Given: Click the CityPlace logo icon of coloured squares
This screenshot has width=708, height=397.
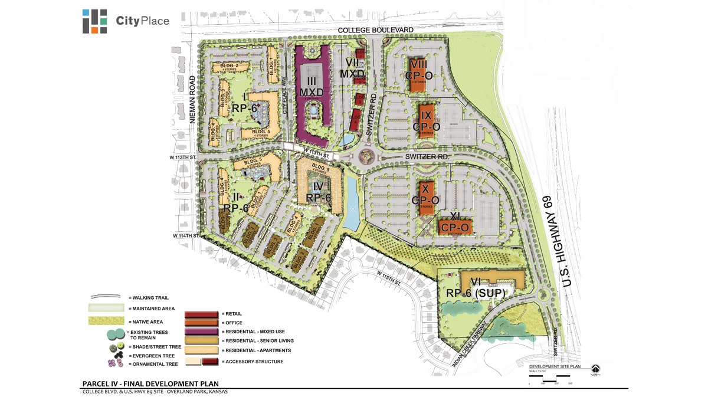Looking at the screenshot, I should click(94, 21).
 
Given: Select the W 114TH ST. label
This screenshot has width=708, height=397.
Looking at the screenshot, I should click(187, 235).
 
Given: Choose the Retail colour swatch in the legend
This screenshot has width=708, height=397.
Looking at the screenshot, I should click(202, 313).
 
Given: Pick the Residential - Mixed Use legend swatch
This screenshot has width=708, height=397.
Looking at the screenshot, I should click(202, 332).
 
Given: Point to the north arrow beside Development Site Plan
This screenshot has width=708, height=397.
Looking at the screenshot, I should click(595, 369).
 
